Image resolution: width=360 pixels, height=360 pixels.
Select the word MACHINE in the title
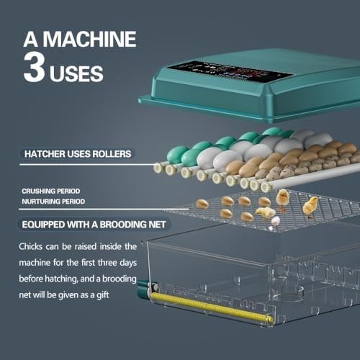[x=91, y=38]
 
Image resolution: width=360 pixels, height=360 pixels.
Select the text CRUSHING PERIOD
[x=50, y=191]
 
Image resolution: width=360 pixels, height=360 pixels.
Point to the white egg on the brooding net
[x=274, y=222]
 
